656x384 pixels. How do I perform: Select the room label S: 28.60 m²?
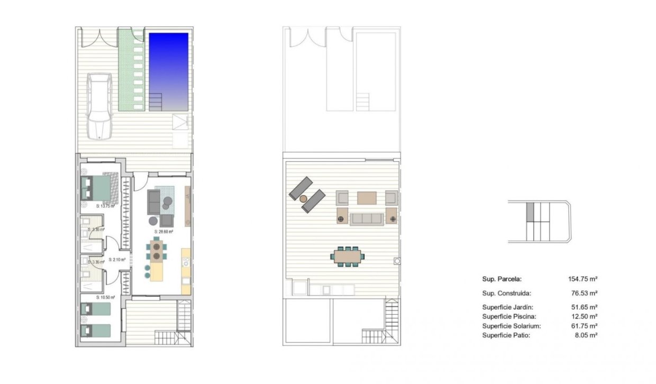point(164,232)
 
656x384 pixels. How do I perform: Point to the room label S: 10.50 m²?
point(105,297)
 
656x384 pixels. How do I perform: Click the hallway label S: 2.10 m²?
point(117,260)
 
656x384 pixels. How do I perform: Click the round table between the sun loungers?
point(304,199)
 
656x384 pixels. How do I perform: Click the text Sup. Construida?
point(506,293)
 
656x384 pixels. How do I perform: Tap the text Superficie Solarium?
point(510,326)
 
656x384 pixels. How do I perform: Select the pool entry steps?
point(156,102)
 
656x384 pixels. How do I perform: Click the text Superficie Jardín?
point(507,307)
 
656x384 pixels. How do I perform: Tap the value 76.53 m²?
point(584,293)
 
